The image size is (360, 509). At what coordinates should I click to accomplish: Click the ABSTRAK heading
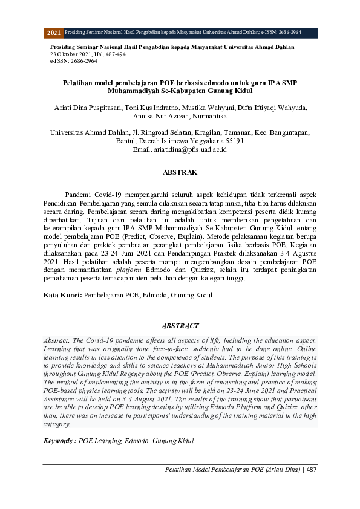click(180, 172)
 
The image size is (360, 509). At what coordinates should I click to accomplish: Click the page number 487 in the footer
click(312, 470)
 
